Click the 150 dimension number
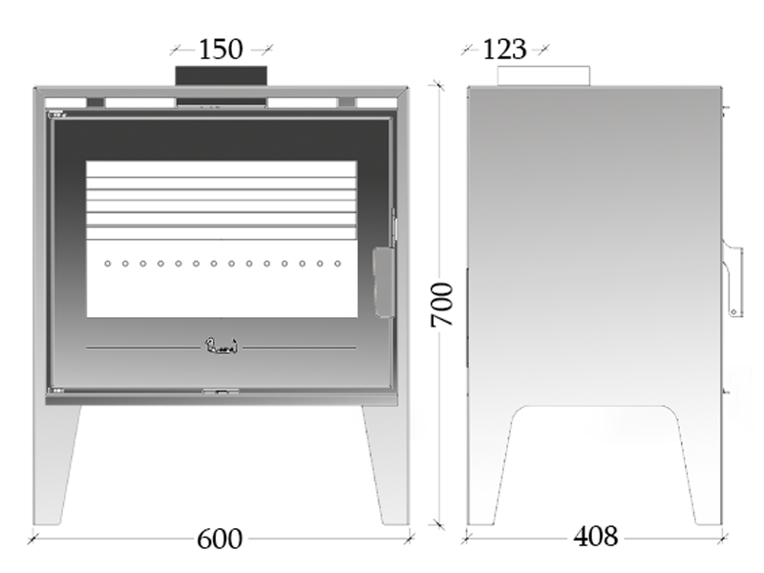tap(221, 50)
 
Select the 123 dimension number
tap(505, 50)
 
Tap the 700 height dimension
tap(442, 305)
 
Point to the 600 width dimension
tap(220, 539)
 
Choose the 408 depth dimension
tap(595, 537)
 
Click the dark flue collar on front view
tap(222, 77)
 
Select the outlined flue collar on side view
tap(543, 76)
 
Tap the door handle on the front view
tap(384, 283)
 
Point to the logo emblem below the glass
tap(222, 346)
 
